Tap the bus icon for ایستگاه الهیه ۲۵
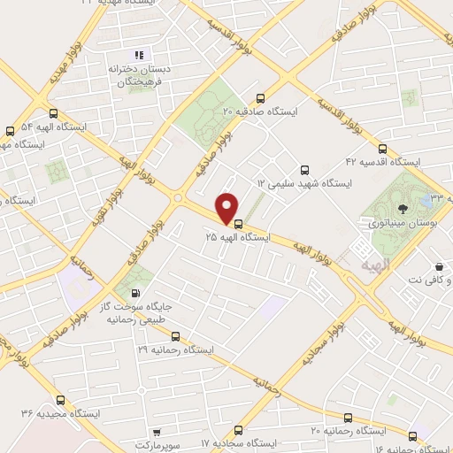[x=236, y=222]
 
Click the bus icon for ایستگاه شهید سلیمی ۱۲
[x=305, y=169]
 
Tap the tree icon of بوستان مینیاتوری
[x=404, y=209]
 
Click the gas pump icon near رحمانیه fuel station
[x=134, y=294]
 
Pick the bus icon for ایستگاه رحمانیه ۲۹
[x=175, y=336]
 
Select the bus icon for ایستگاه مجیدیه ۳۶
[x=60, y=399]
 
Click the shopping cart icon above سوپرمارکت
[x=157, y=434]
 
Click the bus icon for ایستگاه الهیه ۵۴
[x=54, y=113]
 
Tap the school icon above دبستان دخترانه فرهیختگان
[x=136, y=53]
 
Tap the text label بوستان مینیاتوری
[x=403, y=226]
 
